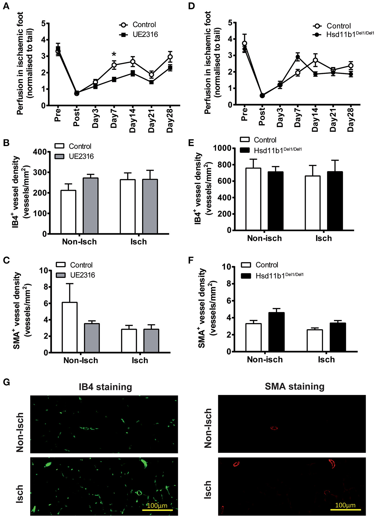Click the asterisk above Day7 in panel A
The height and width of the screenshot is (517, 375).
point(114,55)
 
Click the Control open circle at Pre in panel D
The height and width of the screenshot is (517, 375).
point(245,44)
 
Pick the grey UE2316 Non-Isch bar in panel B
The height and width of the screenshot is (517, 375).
point(91,206)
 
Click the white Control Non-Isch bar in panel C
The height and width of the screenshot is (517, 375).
point(70,327)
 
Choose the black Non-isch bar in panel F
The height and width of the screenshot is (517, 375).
point(276,332)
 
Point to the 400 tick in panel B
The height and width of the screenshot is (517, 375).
point(40,152)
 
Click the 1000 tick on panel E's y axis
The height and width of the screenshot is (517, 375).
point(222,148)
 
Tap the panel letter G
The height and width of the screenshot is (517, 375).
point(6,382)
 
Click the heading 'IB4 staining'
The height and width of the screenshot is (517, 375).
point(105,387)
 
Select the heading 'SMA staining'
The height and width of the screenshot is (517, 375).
point(294,387)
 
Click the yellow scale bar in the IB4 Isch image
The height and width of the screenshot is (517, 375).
point(157,510)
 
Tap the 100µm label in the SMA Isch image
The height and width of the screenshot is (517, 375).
point(345,505)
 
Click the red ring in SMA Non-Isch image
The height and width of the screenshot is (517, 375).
point(274,428)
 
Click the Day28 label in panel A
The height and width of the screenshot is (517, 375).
point(170,120)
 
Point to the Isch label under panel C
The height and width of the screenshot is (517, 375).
point(140,360)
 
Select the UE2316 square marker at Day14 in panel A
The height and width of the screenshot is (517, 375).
point(133,73)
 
